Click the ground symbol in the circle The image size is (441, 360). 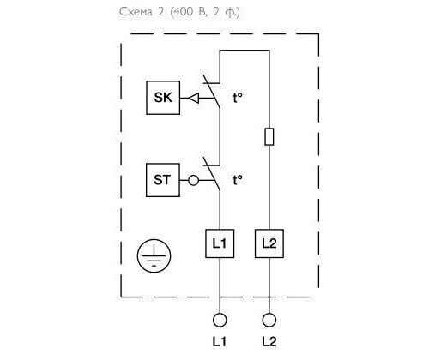coord(154,255)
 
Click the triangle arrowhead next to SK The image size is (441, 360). coord(194,98)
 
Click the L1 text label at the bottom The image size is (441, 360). coord(220,342)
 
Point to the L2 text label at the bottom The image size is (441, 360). coord(269,342)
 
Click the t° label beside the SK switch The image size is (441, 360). coord(238,98)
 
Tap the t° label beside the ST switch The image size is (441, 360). coord(238,180)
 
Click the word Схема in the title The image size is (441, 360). coord(136,12)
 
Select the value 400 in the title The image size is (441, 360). coord(183,12)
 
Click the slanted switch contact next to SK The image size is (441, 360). coord(212,91)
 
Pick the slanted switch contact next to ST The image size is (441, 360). coord(212,173)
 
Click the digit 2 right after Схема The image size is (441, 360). coord(161,12)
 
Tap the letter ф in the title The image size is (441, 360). coord(230,13)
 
